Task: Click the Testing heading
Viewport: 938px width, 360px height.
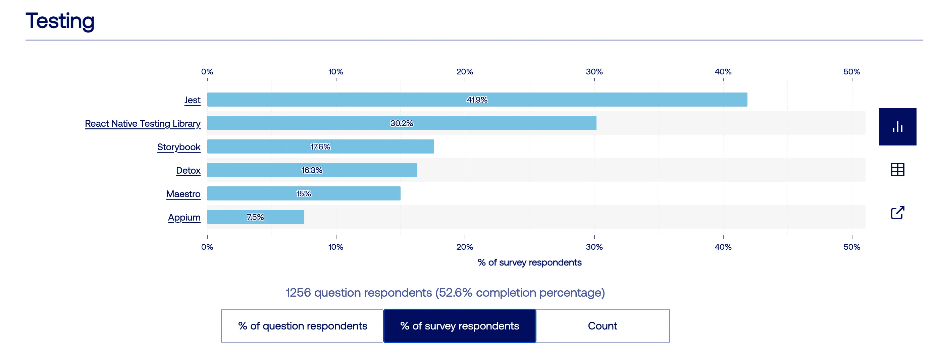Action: [60, 21]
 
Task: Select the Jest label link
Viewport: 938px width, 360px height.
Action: [192, 100]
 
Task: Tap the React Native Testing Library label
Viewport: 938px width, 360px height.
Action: [142, 124]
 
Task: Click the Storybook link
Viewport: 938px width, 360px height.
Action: [178, 147]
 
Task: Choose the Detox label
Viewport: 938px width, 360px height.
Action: [188, 170]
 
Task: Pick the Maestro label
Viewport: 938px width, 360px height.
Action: [183, 194]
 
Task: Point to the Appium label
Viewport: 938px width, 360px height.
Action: [184, 217]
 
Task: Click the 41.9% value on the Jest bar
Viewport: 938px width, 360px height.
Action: [477, 100]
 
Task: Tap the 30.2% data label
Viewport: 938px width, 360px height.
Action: [401, 123]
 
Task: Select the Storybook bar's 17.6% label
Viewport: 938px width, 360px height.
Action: [320, 147]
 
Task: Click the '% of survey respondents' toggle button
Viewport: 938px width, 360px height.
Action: [460, 326]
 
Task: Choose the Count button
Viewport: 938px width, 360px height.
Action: [602, 326]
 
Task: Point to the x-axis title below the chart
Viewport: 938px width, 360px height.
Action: [529, 262]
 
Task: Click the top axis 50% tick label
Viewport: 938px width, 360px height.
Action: [851, 72]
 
